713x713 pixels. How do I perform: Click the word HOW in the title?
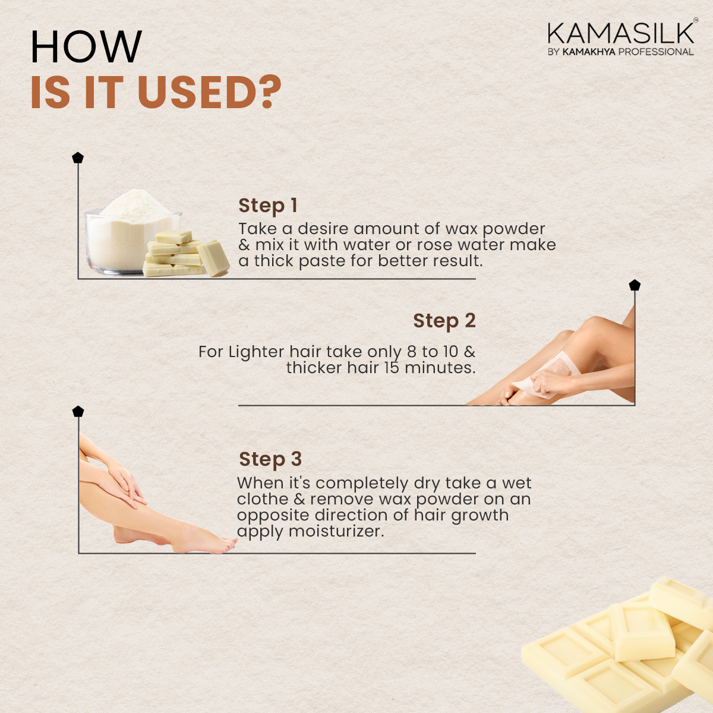point(86,46)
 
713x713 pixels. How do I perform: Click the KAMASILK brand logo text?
point(620,33)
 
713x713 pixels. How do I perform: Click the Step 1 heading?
point(268,206)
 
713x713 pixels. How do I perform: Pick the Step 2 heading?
point(444,320)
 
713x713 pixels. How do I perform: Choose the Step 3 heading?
point(270,459)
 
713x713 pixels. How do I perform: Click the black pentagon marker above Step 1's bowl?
point(78,157)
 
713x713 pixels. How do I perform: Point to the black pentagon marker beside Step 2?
point(635,285)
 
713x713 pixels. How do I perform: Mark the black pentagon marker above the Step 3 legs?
point(78,411)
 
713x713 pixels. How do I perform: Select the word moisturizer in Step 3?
point(336,532)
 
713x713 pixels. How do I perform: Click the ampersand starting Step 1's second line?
point(244,245)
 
